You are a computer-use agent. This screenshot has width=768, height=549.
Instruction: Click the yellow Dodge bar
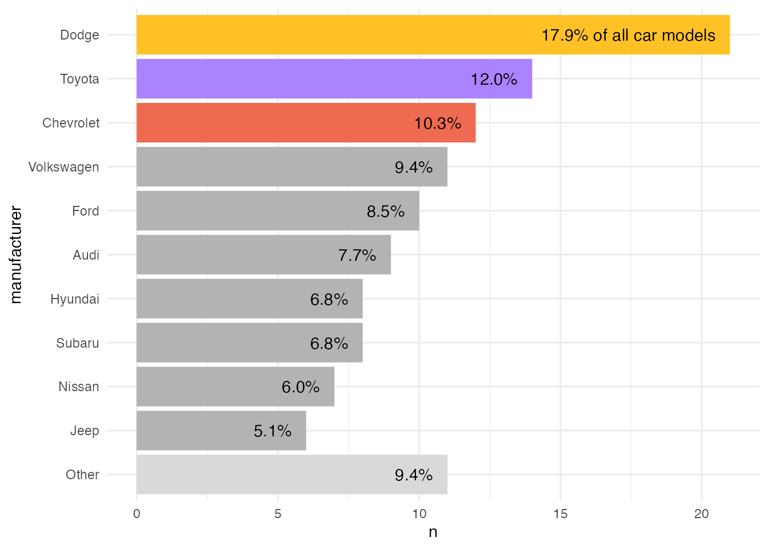(343, 35)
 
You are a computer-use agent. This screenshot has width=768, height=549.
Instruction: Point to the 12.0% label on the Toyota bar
(494, 79)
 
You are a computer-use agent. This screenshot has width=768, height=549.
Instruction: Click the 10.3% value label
(437, 124)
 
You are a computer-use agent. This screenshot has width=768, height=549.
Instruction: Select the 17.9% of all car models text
(628, 35)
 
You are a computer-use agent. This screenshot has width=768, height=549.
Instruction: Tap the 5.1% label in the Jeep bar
(273, 431)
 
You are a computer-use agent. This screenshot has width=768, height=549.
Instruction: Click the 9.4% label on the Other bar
(413, 475)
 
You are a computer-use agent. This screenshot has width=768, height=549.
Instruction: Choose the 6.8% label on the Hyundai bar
(329, 299)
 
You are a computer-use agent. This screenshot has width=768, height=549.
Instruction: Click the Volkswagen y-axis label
(63, 167)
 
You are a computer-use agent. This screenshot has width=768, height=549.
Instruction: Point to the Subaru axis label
(77, 343)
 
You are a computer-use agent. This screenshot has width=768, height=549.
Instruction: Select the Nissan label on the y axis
(78, 387)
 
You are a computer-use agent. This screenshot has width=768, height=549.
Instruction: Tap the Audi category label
(86, 255)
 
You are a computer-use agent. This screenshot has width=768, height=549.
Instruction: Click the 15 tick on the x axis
(560, 514)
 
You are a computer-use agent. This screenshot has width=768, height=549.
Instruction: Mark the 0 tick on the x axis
(137, 514)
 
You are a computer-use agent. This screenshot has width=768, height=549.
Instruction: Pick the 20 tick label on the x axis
(701, 514)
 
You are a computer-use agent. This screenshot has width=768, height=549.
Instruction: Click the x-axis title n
(433, 532)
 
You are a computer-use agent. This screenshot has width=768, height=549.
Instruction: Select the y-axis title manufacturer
(15, 255)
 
